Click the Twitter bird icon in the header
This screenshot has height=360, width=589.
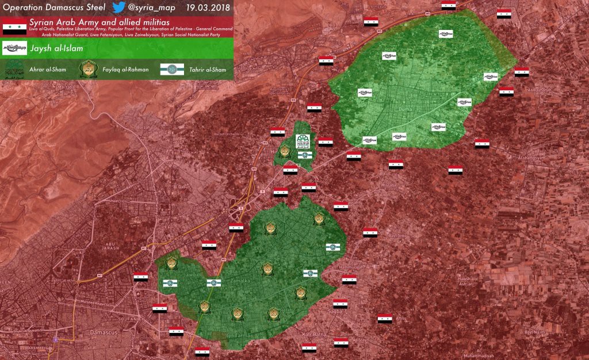pyautogui.click(x=119, y=7)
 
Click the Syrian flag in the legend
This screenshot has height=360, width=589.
pyautogui.click(x=14, y=26)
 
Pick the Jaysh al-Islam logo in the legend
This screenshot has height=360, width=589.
pyautogui.click(x=14, y=47)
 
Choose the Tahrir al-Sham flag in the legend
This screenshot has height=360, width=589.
pyautogui.click(x=171, y=70)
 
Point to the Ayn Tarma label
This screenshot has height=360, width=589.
pyautogui.click(x=239, y=335)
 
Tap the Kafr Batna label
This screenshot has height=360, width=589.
pyautogui.click(x=315, y=334)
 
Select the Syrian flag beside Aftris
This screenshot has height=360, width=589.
pyautogui.click(x=385, y=319)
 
